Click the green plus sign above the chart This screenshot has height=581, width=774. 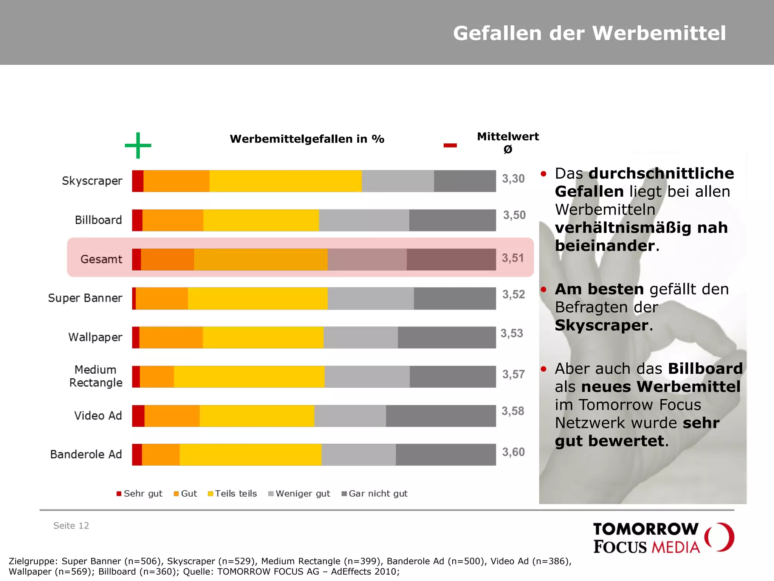click(x=138, y=145)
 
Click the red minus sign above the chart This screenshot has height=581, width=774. click(x=450, y=145)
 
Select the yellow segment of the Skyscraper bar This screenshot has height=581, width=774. click(x=285, y=181)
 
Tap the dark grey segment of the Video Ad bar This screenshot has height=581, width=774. click(x=441, y=416)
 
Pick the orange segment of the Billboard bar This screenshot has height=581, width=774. click(x=173, y=220)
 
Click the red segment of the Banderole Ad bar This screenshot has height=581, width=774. click(x=137, y=454)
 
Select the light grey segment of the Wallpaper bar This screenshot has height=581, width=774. click(x=361, y=337)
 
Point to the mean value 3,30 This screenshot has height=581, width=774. click(x=513, y=179)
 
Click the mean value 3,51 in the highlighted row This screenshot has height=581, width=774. click(x=512, y=258)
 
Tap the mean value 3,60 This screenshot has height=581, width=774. click(x=513, y=452)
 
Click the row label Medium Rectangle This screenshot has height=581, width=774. click(x=96, y=376)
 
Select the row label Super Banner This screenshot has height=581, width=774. click(x=85, y=298)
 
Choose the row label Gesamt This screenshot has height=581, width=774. click(x=101, y=259)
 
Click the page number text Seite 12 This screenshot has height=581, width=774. click(x=71, y=526)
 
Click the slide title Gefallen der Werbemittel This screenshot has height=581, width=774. click(x=589, y=33)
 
